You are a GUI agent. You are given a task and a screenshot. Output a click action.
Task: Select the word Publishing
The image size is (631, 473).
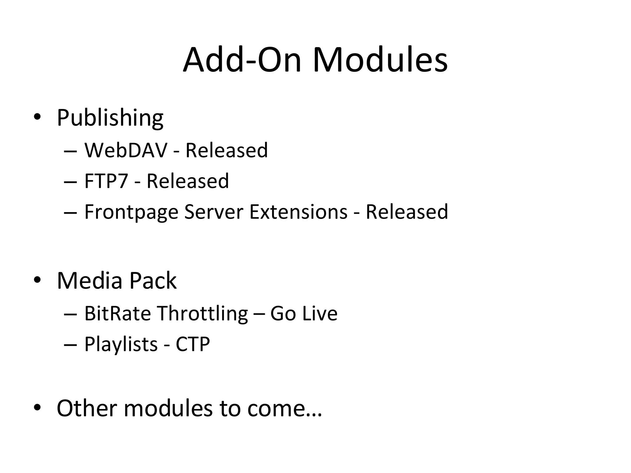pos(110,118)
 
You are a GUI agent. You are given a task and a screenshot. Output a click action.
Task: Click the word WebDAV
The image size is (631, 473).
pos(126,150)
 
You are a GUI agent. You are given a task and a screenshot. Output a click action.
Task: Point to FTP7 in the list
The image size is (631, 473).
pos(106,181)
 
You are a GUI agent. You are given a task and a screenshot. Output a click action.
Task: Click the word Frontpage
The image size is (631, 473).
pos(131,212)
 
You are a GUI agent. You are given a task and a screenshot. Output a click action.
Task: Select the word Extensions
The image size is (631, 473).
pos(298,212)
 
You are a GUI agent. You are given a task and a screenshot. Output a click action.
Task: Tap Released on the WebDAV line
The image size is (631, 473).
pos(226,150)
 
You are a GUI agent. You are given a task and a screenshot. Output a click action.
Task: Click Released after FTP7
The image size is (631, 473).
pos(188,181)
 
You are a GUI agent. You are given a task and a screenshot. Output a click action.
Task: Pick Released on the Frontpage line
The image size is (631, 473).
pos(407,212)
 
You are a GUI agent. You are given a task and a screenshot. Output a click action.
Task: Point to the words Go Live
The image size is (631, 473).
pos(304,313)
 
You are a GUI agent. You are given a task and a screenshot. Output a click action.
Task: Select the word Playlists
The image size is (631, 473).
pos(121,344)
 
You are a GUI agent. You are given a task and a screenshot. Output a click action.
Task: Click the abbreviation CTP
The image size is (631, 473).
pos(193,344)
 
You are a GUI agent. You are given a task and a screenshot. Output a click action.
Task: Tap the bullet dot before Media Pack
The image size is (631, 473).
pos(37,280)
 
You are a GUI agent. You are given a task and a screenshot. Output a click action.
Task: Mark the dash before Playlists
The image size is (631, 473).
pos(70,345)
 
